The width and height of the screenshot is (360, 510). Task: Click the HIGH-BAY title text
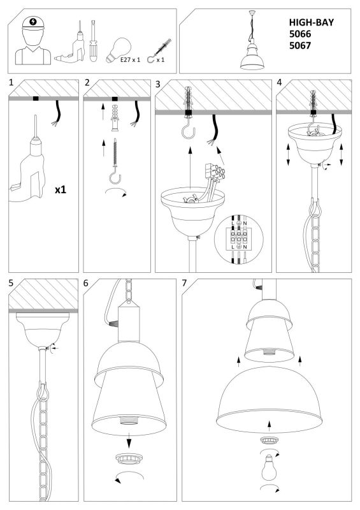311,22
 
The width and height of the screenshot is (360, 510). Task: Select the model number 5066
300,34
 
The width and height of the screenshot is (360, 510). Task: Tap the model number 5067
300,45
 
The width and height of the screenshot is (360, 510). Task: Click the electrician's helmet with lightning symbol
33,24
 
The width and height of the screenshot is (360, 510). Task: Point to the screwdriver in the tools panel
93,41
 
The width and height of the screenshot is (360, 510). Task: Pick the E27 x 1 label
130,60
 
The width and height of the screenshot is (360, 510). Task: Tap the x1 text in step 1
61,189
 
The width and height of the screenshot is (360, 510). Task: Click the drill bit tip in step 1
36,115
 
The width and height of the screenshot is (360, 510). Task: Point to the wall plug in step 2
115,118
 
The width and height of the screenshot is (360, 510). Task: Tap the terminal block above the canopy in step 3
214,172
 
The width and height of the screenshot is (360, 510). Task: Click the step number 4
279,83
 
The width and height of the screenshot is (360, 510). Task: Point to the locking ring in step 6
129,459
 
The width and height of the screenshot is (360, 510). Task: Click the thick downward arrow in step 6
129,441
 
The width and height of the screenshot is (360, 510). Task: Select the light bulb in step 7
269,467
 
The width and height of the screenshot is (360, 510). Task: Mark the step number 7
184,283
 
